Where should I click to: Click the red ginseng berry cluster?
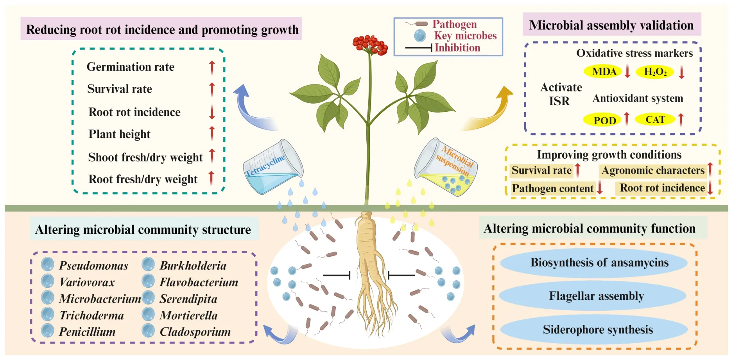point(370,45)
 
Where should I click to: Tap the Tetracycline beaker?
point(273,167)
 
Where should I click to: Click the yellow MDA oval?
point(604,72)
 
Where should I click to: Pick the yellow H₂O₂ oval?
point(655,72)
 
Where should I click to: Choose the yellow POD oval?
point(604,120)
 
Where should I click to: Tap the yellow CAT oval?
point(655,120)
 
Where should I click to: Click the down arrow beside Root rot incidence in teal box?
point(212,112)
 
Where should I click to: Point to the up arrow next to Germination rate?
point(212,67)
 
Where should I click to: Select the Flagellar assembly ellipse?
point(596,296)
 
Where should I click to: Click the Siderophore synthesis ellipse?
point(597,330)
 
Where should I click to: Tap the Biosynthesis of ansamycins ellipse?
point(599,263)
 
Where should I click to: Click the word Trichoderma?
point(91,315)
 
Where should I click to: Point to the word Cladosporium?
point(195,332)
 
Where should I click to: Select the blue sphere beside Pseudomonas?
point(48,265)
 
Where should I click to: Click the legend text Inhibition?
point(457,48)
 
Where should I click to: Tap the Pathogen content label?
point(552,188)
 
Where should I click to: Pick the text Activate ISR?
point(561,94)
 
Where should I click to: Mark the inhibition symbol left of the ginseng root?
point(337,276)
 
